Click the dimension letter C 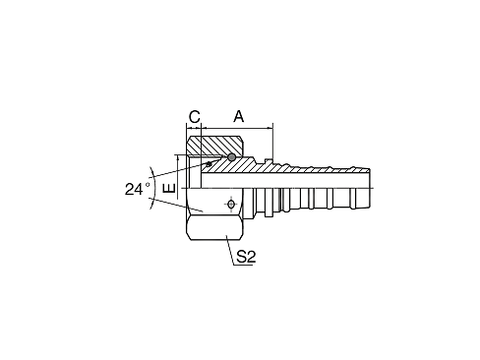[x=195, y=116]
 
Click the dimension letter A [x=239, y=116]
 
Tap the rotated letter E [x=169, y=188]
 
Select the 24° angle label [x=138, y=190]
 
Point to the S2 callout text [x=246, y=257]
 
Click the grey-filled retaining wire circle [x=231, y=157]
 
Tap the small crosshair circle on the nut [x=231, y=205]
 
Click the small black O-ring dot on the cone [x=209, y=163]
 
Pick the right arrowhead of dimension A [x=270, y=128]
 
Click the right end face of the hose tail [x=370, y=188]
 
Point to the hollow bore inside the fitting [x=285, y=180]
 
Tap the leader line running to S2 [x=230, y=250]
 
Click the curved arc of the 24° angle [x=152, y=188]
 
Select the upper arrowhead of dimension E [x=177, y=157]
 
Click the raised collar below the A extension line [x=269, y=160]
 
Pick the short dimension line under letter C [x=194, y=128]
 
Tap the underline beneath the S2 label [x=243, y=265]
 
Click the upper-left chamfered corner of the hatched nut [x=189, y=140]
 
